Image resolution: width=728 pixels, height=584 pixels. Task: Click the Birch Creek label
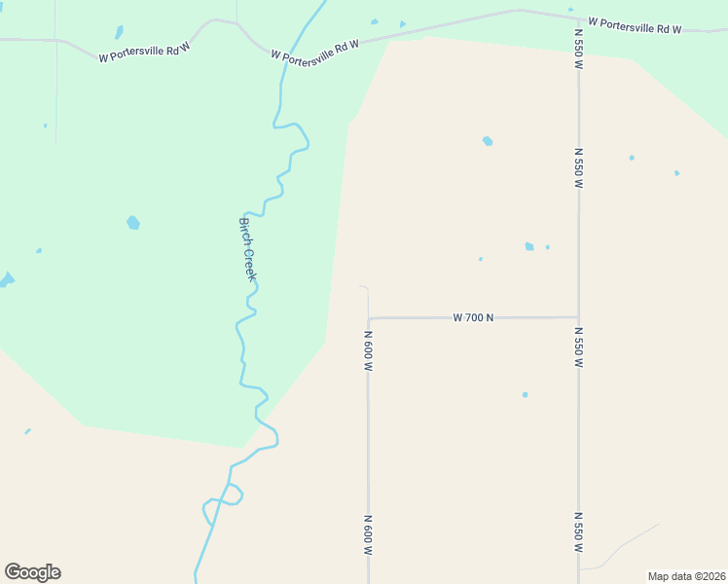click(x=248, y=249)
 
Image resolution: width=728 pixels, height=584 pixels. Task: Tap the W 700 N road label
click(x=474, y=317)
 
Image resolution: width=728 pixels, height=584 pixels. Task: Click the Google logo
click(x=32, y=572)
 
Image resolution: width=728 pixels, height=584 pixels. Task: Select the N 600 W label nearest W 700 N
click(x=369, y=350)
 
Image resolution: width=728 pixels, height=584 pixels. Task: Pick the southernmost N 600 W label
click(x=369, y=534)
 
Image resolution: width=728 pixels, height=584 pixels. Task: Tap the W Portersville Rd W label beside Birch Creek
click(x=315, y=50)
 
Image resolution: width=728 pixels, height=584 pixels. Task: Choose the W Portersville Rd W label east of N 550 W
click(x=635, y=25)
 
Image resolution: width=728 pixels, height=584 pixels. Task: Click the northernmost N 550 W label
click(x=578, y=49)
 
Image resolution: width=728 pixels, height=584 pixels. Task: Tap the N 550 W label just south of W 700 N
click(x=578, y=347)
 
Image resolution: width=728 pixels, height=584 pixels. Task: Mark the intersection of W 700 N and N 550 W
click(x=579, y=316)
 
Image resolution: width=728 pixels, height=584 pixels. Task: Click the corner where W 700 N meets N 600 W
click(x=369, y=318)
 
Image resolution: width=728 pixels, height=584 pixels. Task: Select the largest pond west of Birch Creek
click(x=133, y=223)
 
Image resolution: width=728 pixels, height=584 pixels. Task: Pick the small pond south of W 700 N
click(x=525, y=394)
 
